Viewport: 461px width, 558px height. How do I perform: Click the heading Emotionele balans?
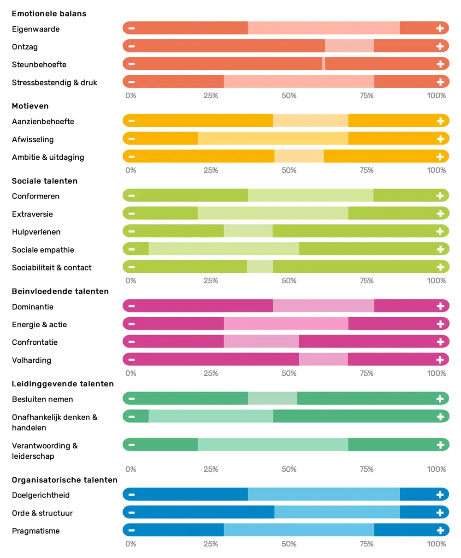pyautogui.click(x=49, y=14)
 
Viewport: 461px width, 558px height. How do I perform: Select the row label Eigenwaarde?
pyautogui.click(x=36, y=29)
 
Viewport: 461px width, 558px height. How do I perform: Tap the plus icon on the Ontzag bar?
pyautogui.click(x=440, y=46)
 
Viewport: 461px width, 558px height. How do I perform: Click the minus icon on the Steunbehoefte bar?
pyautogui.click(x=131, y=64)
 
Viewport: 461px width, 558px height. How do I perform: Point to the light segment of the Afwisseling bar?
pyautogui.click(x=273, y=139)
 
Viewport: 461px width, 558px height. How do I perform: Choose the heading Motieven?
pyautogui.click(x=30, y=106)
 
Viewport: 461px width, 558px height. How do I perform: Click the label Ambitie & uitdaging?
pyautogui.click(x=48, y=157)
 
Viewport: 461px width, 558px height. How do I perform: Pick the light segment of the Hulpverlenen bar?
pyautogui.click(x=248, y=231)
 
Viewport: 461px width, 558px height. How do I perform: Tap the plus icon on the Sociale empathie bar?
pyautogui.click(x=440, y=249)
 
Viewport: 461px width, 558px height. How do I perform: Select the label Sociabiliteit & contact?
pyautogui.click(x=52, y=268)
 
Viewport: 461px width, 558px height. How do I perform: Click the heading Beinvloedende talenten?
pyautogui.click(x=60, y=292)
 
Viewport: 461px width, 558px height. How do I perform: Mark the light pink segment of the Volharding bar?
pyautogui.click(x=323, y=360)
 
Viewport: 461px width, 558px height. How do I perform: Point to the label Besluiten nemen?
pyautogui.click(x=42, y=399)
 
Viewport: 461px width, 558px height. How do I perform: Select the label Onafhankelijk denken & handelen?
pyautogui.click(x=54, y=422)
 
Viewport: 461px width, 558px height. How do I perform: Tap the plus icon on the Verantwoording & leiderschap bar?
pyautogui.click(x=440, y=445)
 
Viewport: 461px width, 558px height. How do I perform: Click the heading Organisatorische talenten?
pyautogui.click(x=65, y=480)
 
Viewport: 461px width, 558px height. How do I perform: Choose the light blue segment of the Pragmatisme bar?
pyautogui.click(x=299, y=530)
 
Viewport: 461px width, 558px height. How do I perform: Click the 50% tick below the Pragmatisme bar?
pyautogui.click(x=289, y=544)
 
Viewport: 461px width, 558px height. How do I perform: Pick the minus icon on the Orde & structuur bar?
pyautogui.click(x=131, y=513)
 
